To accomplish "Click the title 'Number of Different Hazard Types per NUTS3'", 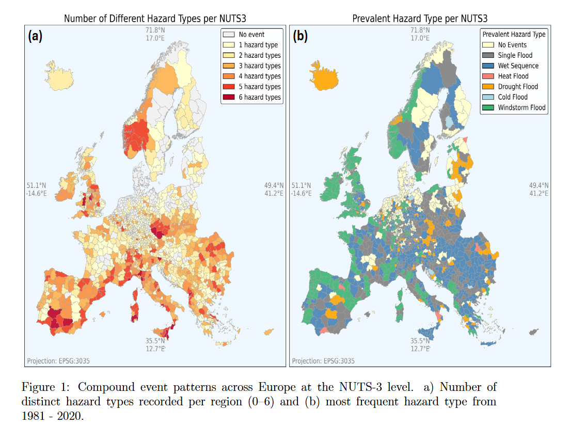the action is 155,18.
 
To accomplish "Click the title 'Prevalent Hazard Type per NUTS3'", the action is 420,18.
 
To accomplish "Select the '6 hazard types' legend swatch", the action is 229,97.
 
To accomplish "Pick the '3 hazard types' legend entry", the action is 252,66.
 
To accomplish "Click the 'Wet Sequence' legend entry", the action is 510,66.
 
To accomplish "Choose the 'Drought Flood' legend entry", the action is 510,87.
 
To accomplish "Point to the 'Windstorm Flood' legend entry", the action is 514,107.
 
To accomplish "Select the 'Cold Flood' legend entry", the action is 505,97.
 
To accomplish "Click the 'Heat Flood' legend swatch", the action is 488,76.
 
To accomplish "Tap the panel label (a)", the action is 35,36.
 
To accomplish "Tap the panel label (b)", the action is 300,36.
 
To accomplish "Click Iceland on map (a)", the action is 59,76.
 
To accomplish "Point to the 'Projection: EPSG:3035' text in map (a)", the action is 58,361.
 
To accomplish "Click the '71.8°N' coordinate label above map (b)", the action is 420,30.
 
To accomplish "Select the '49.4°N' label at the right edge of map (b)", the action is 539,185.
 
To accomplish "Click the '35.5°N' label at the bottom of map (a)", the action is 155,341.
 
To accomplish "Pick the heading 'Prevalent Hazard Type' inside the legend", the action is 514,34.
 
